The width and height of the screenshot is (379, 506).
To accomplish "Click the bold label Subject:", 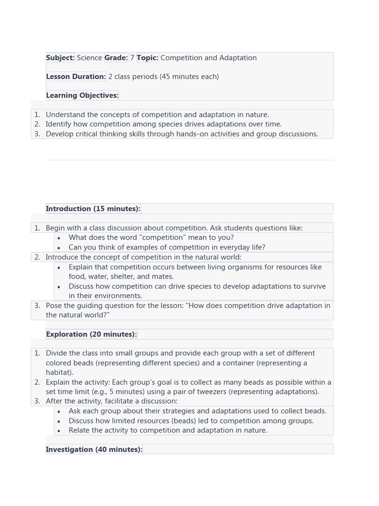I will point(60,58).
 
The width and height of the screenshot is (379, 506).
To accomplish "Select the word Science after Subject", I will point(89,58).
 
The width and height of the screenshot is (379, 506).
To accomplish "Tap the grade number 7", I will point(132,58).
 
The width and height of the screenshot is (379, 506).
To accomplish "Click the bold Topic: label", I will point(147,58).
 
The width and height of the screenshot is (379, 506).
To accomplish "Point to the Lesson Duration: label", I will point(76,77).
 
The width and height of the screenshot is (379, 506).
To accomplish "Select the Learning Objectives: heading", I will point(82,95).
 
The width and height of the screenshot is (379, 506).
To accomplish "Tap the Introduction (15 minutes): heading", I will point(93,209).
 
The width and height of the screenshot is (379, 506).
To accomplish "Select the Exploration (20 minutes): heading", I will point(91,334).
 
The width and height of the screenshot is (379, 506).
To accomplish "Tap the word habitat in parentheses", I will point(58,373).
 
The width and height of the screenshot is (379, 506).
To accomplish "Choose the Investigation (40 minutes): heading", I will point(94,449).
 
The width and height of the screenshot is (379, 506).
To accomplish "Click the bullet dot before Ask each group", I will point(59,412).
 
